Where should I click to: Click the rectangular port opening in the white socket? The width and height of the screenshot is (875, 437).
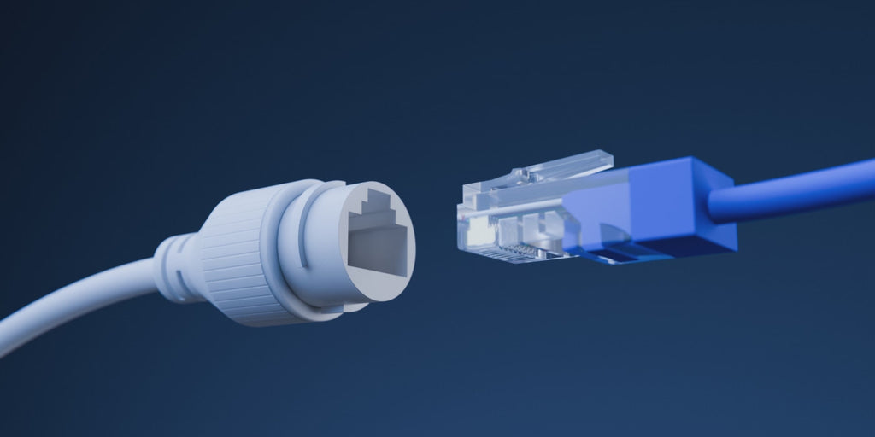point(377,251)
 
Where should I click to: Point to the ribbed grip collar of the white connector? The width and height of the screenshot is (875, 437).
point(231,255)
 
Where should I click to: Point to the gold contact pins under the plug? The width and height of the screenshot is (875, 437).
point(513,252)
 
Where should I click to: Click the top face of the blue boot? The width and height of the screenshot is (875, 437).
point(675,171)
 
